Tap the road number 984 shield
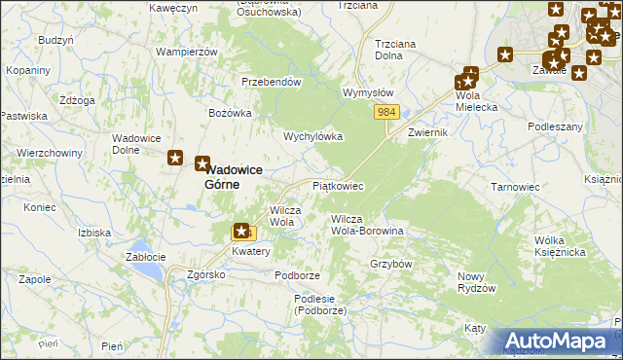(386, 113)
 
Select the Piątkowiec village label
(338, 185)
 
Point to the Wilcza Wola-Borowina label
(367, 226)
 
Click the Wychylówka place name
(312, 137)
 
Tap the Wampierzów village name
(186, 51)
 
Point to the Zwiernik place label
(428, 131)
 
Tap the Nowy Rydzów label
(477, 282)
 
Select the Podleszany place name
(555, 126)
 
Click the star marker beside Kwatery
(240, 232)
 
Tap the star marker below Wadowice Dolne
(176, 158)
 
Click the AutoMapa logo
(560, 341)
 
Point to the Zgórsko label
(206, 275)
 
